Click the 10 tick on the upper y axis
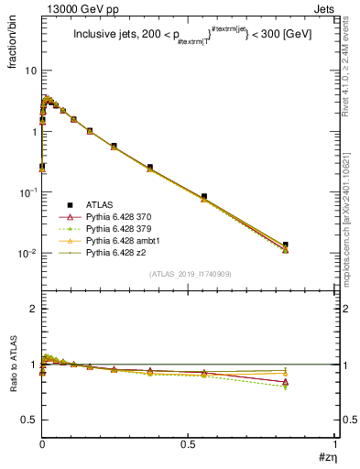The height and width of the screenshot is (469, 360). point(30,71)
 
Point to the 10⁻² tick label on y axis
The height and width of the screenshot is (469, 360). point(28,254)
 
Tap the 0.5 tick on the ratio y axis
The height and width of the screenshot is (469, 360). point(29,420)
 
